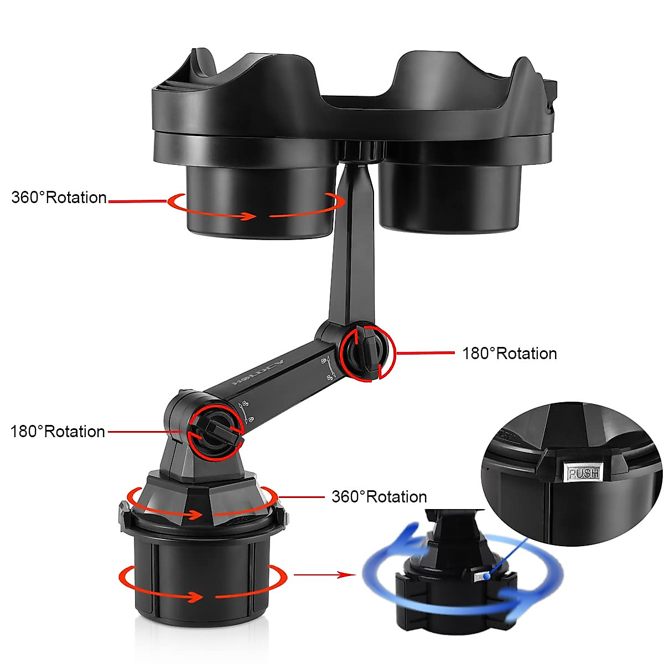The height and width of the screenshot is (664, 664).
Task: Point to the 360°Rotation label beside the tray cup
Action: pyautogui.click(x=59, y=198)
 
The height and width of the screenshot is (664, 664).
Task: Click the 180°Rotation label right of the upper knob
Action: pyautogui.click(x=509, y=354)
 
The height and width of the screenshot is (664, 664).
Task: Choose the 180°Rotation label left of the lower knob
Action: pyautogui.click(x=58, y=432)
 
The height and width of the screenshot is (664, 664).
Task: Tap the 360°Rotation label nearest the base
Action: pyautogui.click(x=379, y=497)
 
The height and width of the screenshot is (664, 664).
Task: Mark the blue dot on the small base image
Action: pyautogui.click(x=487, y=577)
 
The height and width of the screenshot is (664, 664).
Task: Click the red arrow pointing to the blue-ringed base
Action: pyautogui.click(x=324, y=575)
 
